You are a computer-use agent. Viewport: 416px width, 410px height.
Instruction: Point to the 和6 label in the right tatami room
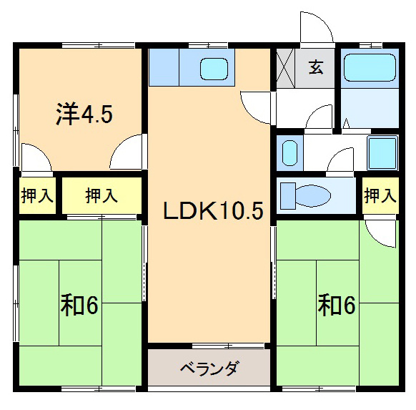tap(336, 306)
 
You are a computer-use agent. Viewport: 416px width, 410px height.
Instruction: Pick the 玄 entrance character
tap(316, 68)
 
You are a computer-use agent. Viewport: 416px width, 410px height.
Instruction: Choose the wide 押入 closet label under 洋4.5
tap(101, 195)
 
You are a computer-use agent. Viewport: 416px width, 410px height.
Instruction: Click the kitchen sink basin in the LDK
tap(213, 69)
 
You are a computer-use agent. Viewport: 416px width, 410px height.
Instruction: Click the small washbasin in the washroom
tap(289, 152)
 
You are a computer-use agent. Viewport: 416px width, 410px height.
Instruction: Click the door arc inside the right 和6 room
tap(379, 230)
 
